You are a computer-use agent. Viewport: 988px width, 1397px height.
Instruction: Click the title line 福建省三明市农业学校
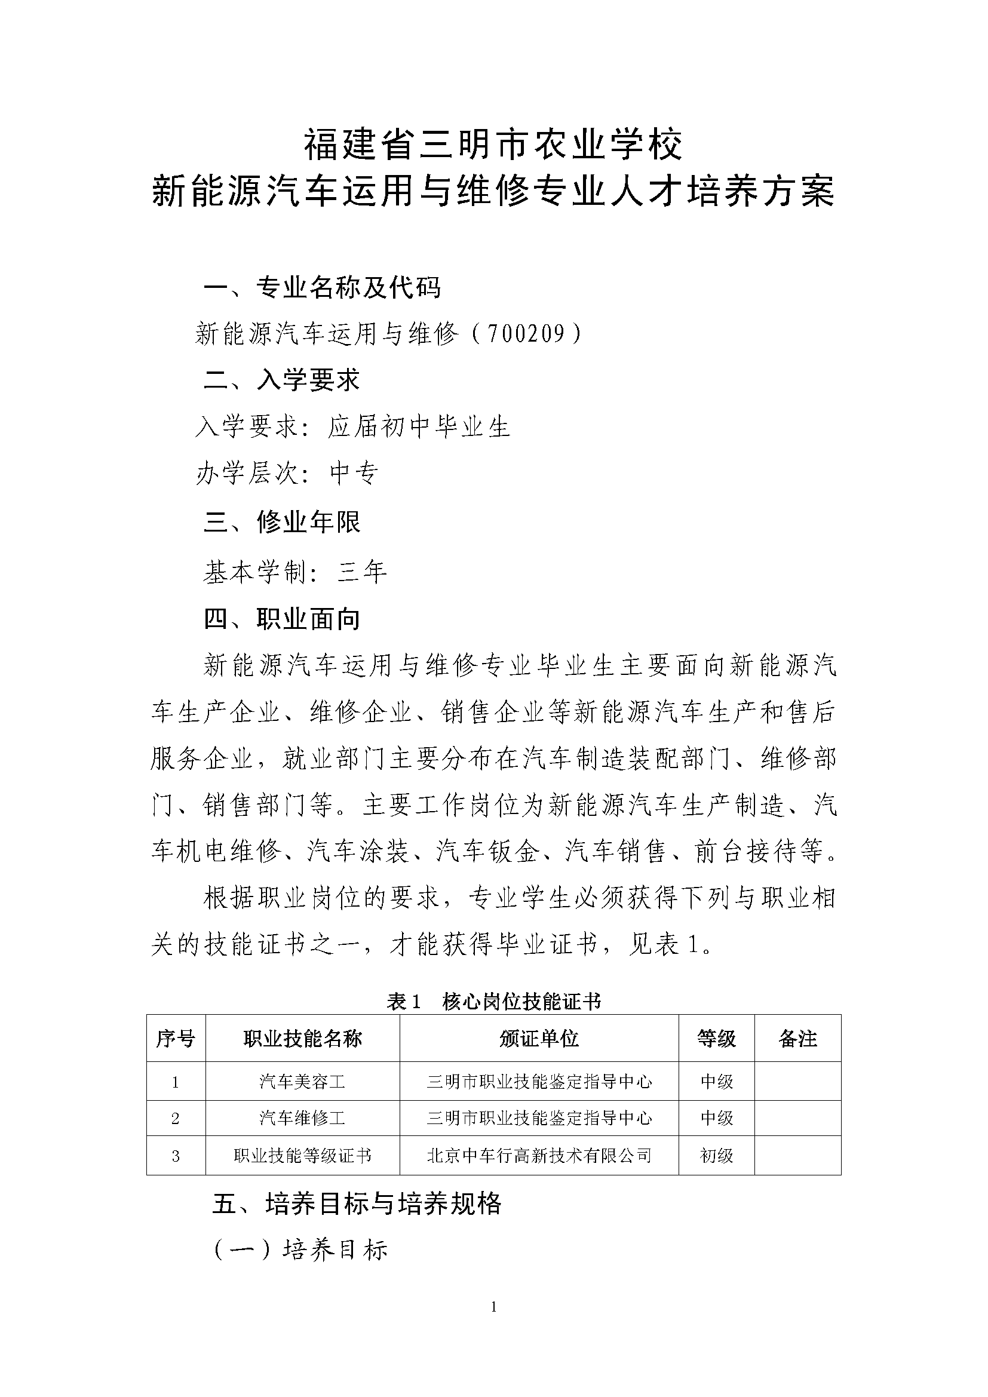coord(493,145)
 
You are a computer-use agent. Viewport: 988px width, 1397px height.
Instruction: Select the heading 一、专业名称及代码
coord(322,287)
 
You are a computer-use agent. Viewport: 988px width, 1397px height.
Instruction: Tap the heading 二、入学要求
coord(283,380)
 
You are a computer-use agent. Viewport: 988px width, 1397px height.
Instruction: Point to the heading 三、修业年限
coord(283,521)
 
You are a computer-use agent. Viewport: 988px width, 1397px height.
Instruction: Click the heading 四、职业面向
coord(283,619)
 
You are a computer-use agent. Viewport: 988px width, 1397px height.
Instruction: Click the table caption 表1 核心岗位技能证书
coord(493,1001)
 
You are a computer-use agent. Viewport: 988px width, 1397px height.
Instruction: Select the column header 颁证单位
coord(539,1039)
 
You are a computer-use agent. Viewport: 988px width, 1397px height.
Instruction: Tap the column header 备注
coord(797,1039)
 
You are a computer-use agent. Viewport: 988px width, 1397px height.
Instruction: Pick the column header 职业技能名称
coord(302,1039)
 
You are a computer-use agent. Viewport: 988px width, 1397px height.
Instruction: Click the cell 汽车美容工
coord(302,1081)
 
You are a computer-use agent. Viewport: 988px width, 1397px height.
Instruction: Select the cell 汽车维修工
coord(302,1117)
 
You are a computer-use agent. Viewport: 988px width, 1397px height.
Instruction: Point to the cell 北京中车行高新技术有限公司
coord(539,1156)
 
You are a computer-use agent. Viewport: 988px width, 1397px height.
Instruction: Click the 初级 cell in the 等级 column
coord(717,1156)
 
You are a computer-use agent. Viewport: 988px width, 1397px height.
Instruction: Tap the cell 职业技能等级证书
coord(302,1156)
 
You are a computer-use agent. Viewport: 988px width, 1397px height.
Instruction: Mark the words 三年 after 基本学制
coord(363,572)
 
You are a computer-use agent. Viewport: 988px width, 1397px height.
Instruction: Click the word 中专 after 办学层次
coord(354,473)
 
